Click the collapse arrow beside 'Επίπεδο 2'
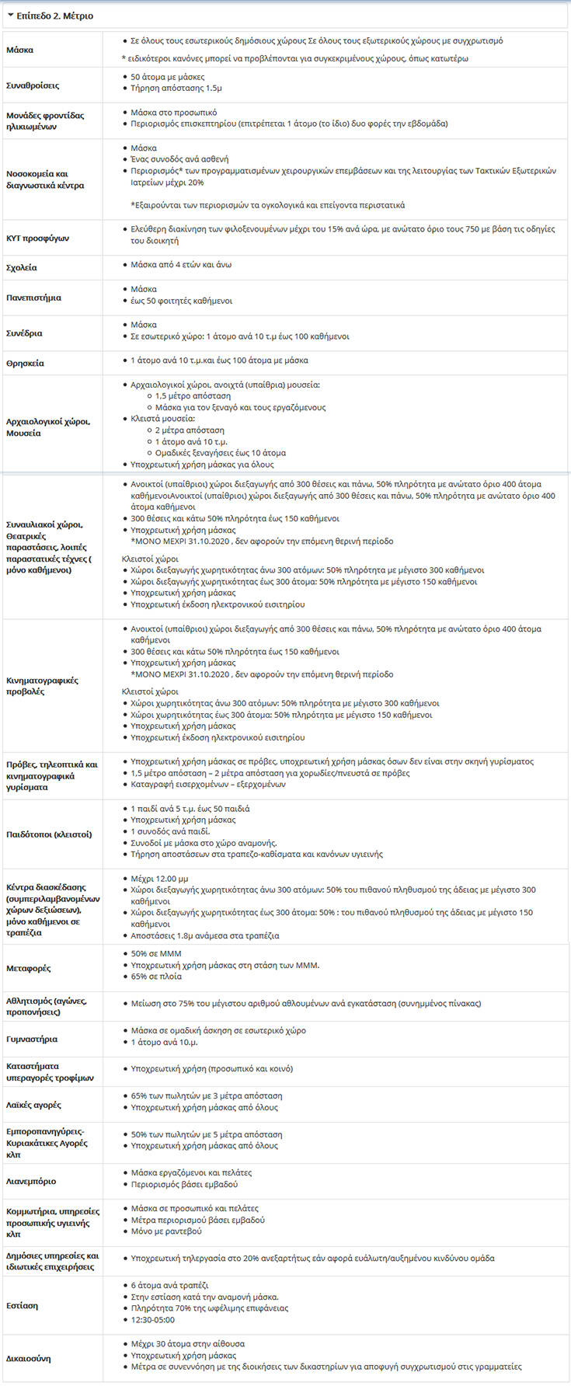(x=10, y=16)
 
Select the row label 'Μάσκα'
(x=19, y=50)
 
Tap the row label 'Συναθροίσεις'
(x=33, y=85)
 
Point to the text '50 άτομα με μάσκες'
(x=168, y=77)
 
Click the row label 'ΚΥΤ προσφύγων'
(x=37, y=238)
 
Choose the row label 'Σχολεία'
(x=22, y=267)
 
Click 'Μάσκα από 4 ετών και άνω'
(x=181, y=265)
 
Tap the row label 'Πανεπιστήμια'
(x=33, y=298)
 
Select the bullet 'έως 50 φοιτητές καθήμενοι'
(x=181, y=301)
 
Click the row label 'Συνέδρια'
(x=24, y=333)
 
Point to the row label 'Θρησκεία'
(x=25, y=363)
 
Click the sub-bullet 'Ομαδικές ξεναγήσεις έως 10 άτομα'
(x=220, y=452)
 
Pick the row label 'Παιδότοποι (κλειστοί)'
(x=49, y=834)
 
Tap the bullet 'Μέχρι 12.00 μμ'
(x=159, y=879)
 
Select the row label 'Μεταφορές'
(x=30, y=968)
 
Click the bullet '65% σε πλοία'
(x=156, y=977)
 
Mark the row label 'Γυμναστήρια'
(x=32, y=1039)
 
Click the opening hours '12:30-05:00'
(x=153, y=1320)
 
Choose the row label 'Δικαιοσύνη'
(x=29, y=1359)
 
